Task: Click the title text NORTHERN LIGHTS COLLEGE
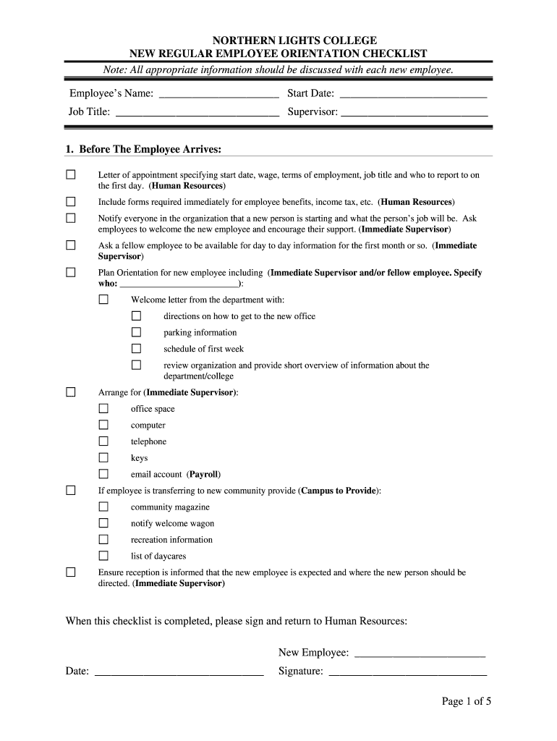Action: (x=278, y=41)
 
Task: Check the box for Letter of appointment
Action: (x=71, y=175)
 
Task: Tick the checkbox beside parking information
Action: (x=136, y=332)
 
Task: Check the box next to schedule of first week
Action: (x=136, y=349)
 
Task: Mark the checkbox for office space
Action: (x=103, y=409)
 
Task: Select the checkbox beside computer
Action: (x=103, y=425)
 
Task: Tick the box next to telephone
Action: (x=103, y=441)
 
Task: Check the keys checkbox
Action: (x=103, y=457)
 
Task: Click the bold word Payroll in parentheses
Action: (x=203, y=475)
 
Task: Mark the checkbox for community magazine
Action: (x=103, y=507)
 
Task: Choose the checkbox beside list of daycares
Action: (x=103, y=556)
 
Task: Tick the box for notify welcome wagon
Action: (x=103, y=523)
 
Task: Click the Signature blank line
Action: (x=407, y=672)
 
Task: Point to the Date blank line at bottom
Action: (x=179, y=672)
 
